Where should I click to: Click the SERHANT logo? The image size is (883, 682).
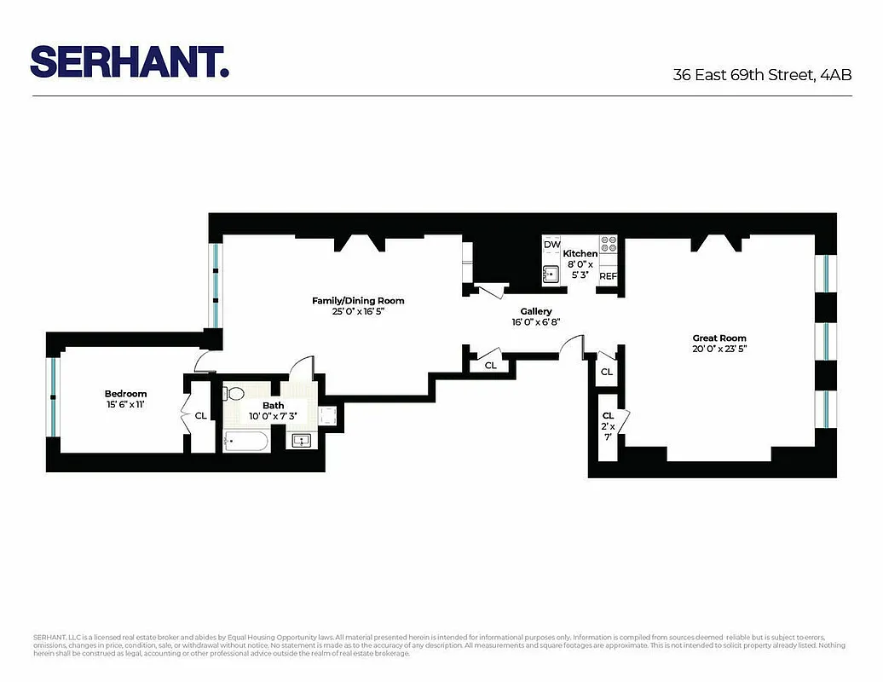[130, 61]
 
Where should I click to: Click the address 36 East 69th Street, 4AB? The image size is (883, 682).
[762, 74]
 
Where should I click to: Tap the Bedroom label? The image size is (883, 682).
[126, 393]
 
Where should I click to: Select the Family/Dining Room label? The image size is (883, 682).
[358, 300]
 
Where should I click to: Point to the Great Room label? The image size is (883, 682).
[719, 338]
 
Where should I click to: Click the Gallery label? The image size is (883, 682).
[531, 311]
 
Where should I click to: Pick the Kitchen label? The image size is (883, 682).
[580, 253]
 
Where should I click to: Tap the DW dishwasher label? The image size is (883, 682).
[552, 245]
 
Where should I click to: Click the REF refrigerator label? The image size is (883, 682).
[608, 276]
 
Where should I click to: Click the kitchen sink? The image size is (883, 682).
[551, 274]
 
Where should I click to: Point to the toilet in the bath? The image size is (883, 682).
[233, 393]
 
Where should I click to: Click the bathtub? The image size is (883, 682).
[245, 442]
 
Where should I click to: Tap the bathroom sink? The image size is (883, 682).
[301, 440]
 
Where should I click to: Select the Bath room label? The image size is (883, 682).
[274, 405]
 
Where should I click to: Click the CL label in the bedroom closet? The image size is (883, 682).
[200, 416]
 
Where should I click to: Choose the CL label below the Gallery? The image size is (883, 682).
[490, 365]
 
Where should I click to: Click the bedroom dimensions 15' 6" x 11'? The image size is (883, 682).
[126, 404]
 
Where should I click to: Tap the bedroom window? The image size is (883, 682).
[53, 396]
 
